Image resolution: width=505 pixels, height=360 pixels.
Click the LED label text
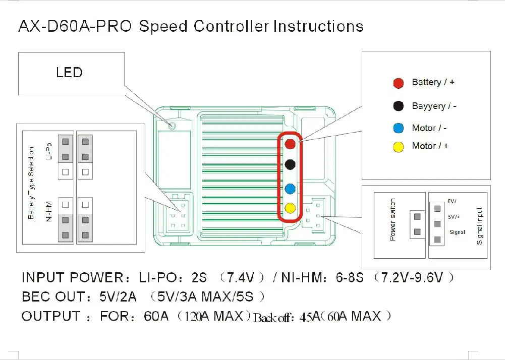pos(69,73)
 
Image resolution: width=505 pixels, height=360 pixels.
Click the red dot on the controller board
pos(290,144)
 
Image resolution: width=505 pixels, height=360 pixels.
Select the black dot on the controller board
pos(290,164)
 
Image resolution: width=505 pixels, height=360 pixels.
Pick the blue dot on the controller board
pos(290,189)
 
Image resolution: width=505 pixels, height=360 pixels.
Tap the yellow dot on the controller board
pos(290,207)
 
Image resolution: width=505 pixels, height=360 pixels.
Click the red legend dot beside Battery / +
pos(399,83)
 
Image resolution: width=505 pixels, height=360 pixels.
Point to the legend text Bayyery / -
pos(434,106)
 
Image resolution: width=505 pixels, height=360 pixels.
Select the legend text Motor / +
pos(430,146)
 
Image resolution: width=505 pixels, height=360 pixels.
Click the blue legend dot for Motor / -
pos(399,128)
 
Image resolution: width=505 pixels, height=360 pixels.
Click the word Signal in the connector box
pos(457,232)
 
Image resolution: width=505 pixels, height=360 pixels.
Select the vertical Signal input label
pos(479,225)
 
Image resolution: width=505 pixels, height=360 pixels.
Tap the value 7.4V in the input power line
pos(246,277)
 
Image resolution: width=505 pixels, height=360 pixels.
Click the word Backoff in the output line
pos(272,318)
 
